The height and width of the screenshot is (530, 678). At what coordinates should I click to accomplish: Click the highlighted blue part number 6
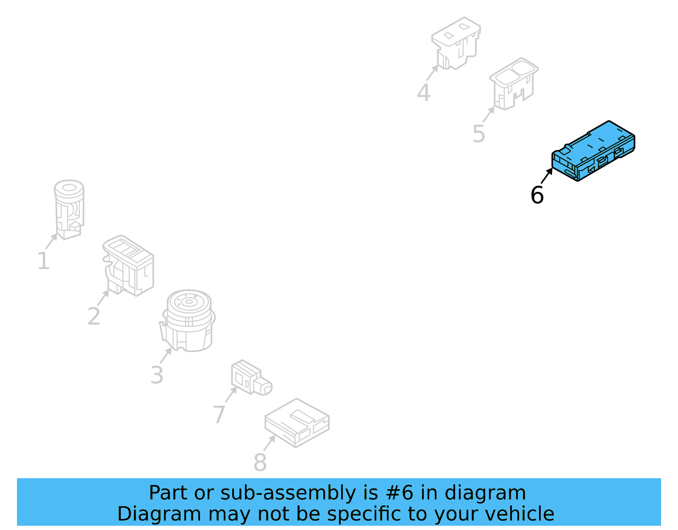click(x=593, y=151)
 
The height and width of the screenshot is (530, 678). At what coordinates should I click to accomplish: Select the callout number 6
click(x=537, y=195)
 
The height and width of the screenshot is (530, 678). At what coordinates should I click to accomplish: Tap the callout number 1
click(x=43, y=261)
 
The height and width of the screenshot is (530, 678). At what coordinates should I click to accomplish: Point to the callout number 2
click(x=94, y=316)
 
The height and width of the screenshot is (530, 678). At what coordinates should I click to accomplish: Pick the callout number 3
click(x=157, y=375)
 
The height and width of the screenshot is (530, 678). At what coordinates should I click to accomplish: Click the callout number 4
click(x=424, y=93)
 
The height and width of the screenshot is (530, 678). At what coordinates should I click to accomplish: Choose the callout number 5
click(x=479, y=134)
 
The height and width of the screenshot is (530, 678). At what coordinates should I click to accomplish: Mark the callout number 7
click(x=219, y=414)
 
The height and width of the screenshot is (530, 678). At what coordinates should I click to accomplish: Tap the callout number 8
click(x=260, y=462)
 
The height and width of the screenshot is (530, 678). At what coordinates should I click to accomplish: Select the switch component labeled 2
click(x=128, y=265)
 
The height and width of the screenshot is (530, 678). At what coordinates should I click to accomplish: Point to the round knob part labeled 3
click(x=189, y=320)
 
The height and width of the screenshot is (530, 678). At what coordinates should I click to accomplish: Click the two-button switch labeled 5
click(x=514, y=84)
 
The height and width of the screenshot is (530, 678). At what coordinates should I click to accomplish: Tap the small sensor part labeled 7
click(x=250, y=378)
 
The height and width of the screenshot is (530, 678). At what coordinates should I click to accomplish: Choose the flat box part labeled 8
click(x=297, y=422)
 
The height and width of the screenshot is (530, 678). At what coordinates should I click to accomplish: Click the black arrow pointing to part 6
click(x=547, y=176)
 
